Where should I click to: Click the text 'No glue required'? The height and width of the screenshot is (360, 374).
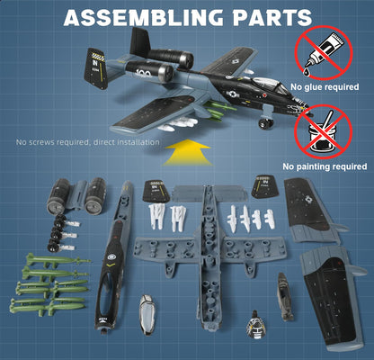pos(325,87)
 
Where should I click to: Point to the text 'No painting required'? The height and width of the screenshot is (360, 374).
pos(325,166)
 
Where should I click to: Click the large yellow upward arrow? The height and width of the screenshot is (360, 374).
pos(187,153)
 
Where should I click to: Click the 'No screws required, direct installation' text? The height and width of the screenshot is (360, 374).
pos(87,142)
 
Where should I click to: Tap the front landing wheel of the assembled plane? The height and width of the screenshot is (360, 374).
pos(264,123)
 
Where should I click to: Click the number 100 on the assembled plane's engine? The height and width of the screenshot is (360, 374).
pos(145,73)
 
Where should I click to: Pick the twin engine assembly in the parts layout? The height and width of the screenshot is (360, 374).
pos(76,196)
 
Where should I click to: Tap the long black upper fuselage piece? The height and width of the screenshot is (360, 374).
pos(113,257)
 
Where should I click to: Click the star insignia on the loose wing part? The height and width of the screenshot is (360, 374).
pos(308,199)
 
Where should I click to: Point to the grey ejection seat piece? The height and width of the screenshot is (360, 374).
pos(284,296)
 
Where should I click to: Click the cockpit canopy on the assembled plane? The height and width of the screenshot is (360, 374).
pos(269,85)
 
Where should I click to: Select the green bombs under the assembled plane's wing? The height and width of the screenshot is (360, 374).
pos(217,110)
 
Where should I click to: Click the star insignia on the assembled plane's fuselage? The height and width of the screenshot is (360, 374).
pos(233,94)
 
